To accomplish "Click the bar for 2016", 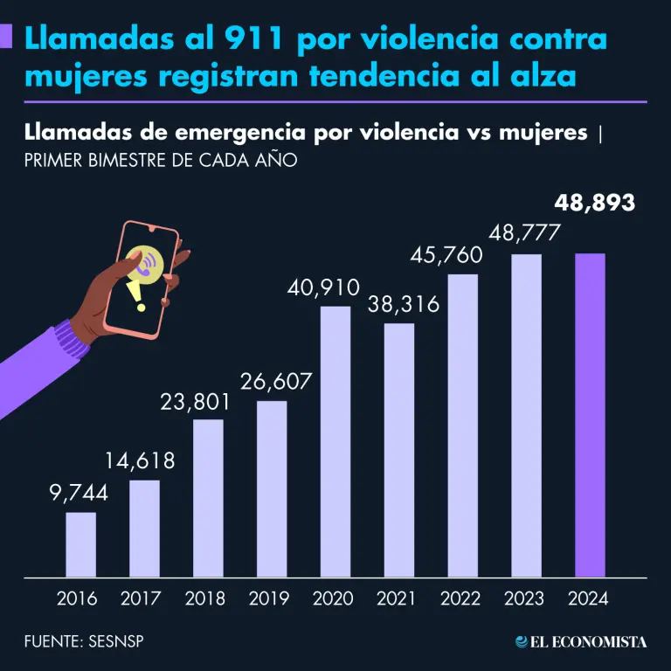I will tap(80, 544).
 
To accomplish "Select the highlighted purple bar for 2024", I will tap(590, 415).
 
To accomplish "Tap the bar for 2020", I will tap(335, 441).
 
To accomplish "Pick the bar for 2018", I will tap(208, 498).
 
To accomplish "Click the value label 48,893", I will tap(595, 204).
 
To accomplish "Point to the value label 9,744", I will tap(79, 493).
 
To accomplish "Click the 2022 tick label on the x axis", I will tap(462, 599).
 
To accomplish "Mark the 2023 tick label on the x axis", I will tap(526, 599).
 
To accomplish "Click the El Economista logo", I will tap(581, 642).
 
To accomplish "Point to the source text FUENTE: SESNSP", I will tap(84, 642).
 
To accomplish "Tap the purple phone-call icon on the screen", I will tap(146, 263).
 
